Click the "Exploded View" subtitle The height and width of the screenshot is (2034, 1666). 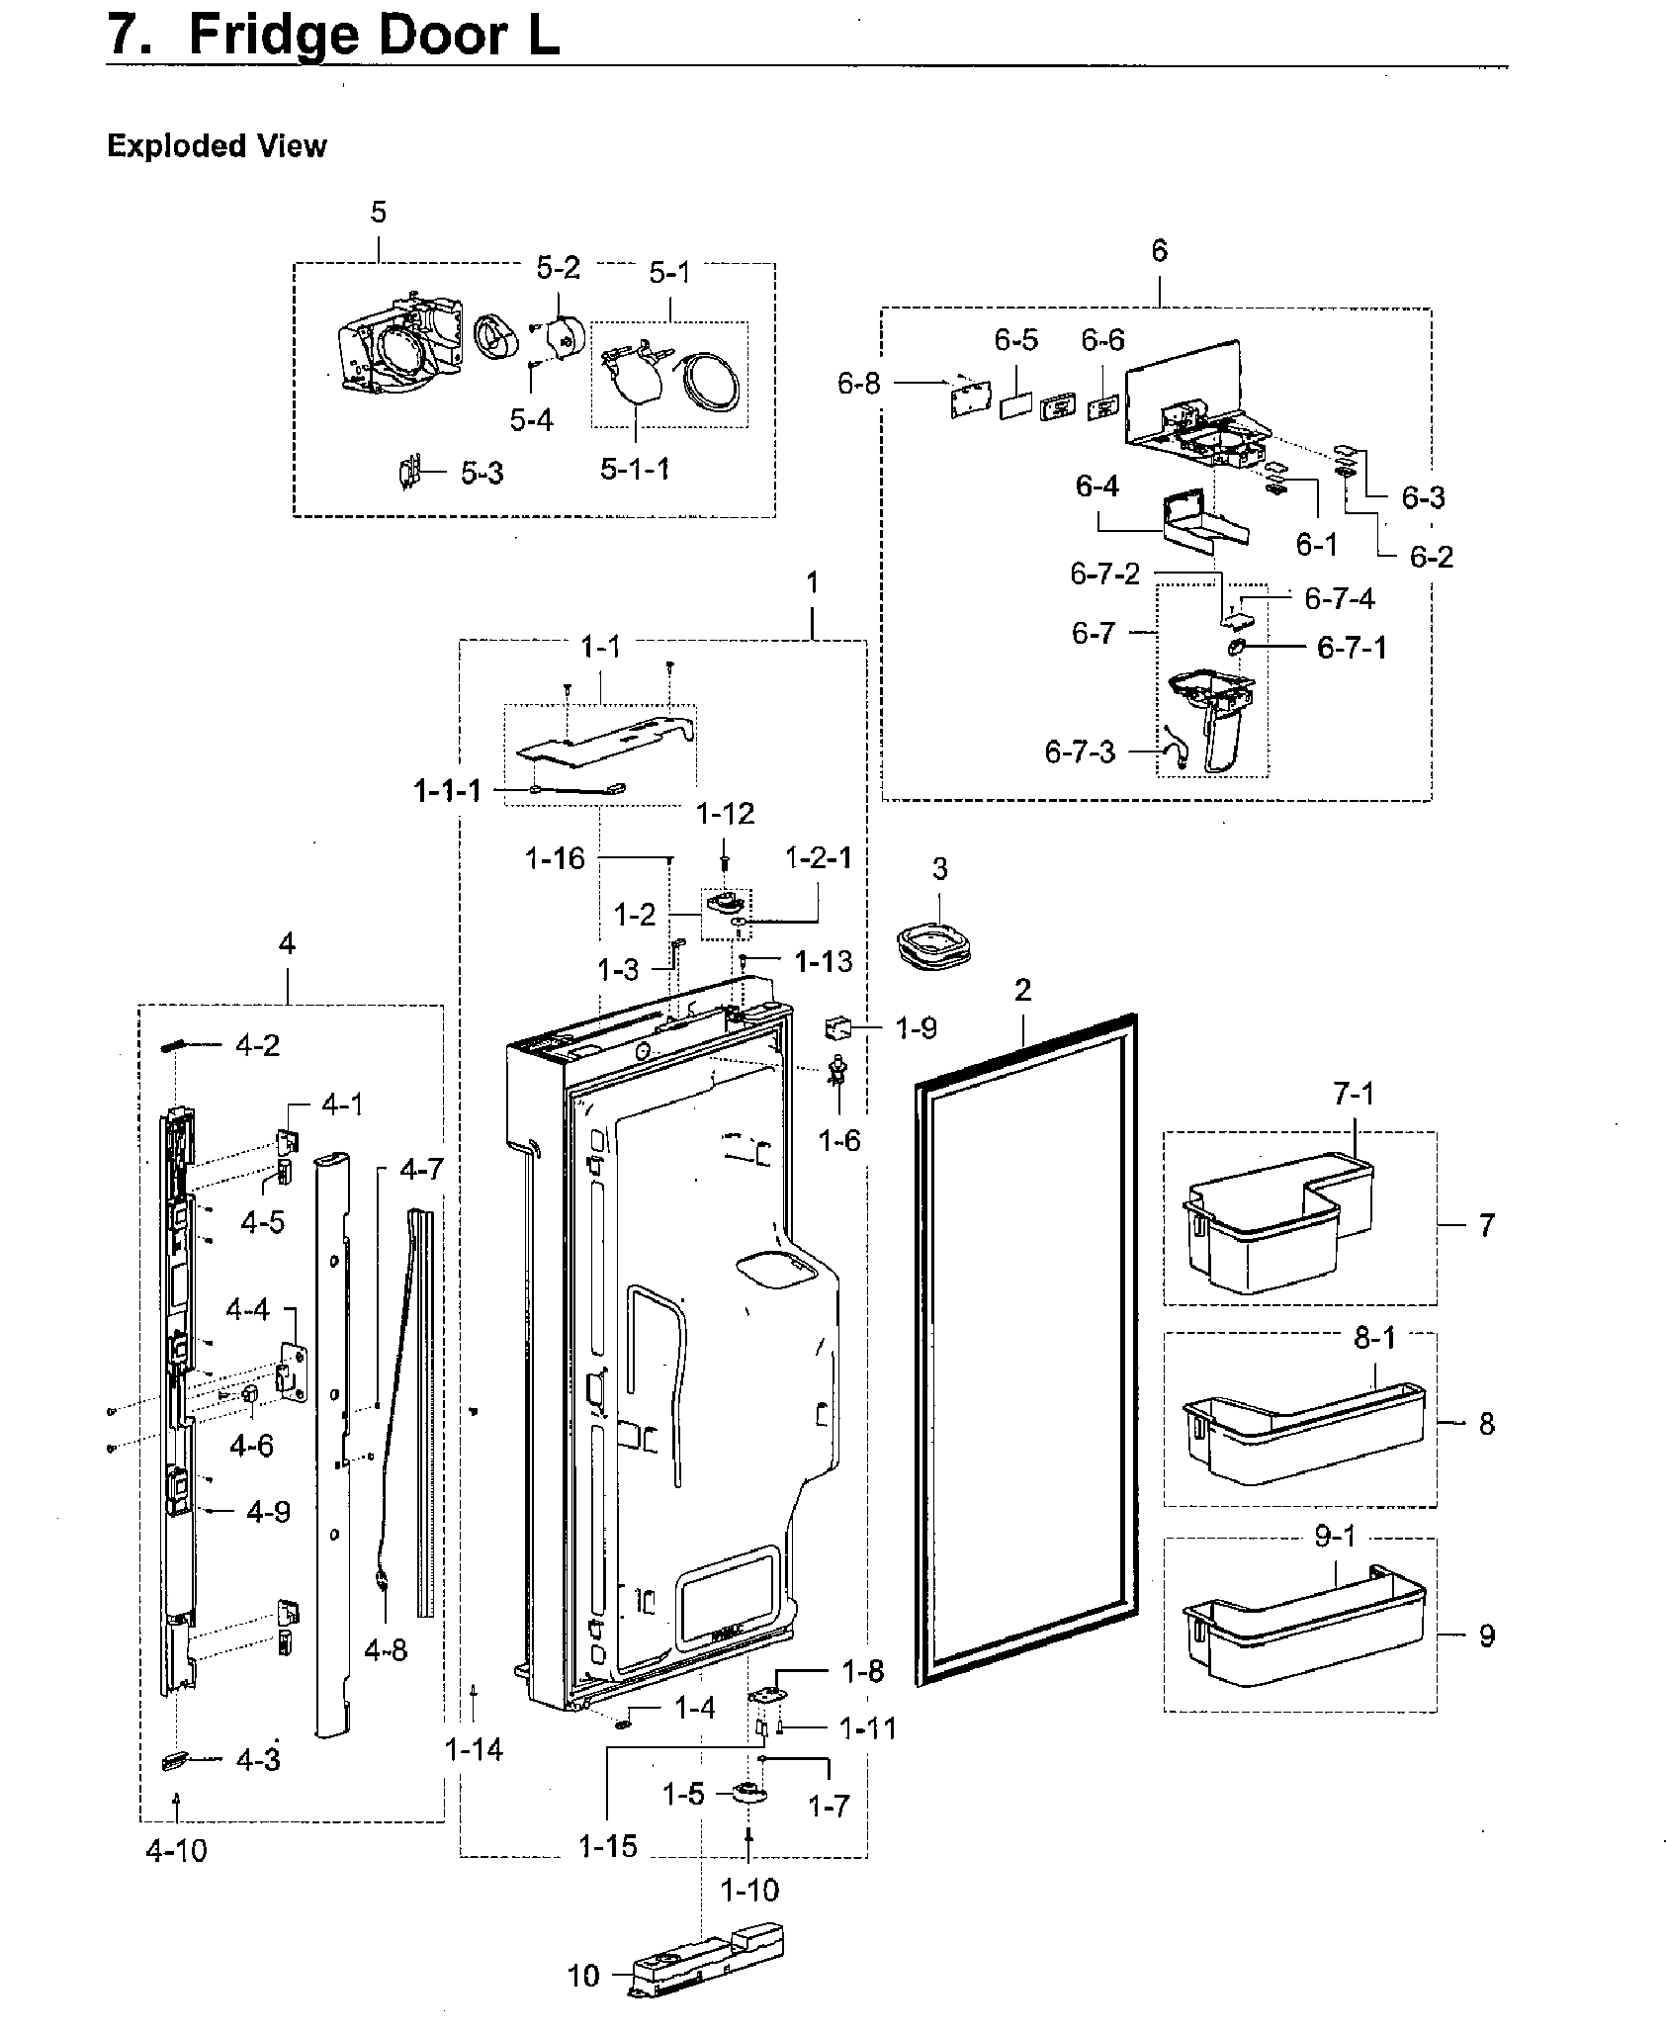pyautogui.click(x=217, y=146)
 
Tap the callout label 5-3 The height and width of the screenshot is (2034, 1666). pyautogui.click(x=482, y=473)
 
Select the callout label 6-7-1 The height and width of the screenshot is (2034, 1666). pyautogui.click(x=1351, y=648)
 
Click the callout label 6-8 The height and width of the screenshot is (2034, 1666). pyautogui.click(x=858, y=383)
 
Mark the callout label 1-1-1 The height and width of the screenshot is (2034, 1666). pyautogui.click(x=448, y=790)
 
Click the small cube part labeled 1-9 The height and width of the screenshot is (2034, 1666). pyautogui.click(x=838, y=1030)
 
